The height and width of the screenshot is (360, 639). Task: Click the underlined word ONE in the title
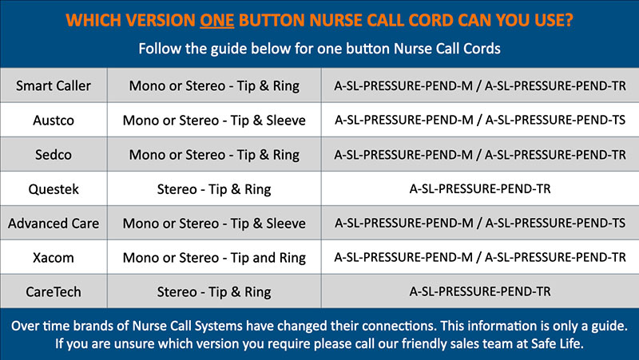click(x=216, y=21)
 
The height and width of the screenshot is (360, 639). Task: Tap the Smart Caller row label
click(x=54, y=86)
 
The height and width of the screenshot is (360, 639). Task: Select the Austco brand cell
click(x=54, y=121)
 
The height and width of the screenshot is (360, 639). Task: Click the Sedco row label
click(x=54, y=155)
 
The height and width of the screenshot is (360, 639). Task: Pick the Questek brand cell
click(x=54, y=189)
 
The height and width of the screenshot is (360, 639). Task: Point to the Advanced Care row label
click(x=54, y=224)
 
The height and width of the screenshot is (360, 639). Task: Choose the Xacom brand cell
click(x=54, y=258)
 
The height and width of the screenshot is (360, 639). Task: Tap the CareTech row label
click(x=54, y=292)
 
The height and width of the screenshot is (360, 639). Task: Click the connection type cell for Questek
click(x=214, y=189)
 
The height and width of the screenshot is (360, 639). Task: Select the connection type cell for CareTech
click(x=214, y=292)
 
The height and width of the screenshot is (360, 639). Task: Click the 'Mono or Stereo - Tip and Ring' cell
click(x=214, y=258)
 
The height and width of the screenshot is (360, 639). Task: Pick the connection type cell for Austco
click(x=214, y=121)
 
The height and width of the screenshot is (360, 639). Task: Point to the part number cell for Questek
click(x=480, y=189)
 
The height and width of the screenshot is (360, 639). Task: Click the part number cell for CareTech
click(x=480, y=291)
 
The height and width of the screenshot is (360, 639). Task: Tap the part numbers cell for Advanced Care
click(x=480, y=224)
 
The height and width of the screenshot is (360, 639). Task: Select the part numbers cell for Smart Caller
click(x=480, y=86)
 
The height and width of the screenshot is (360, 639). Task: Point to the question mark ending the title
click(x=569, y=21)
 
